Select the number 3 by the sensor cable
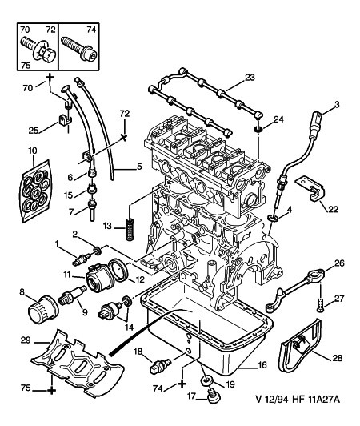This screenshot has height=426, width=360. tap(337, 105)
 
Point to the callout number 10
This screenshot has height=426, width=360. tap(32, 150)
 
